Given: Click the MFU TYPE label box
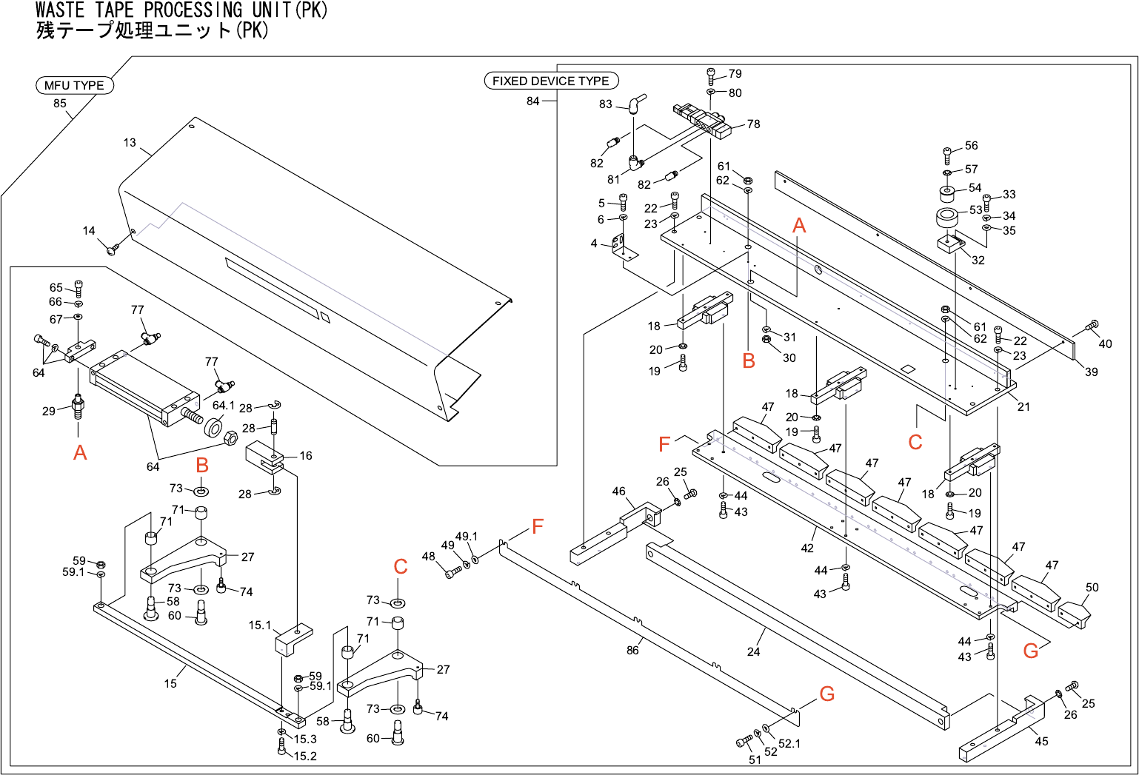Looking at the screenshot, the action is coord(75,85).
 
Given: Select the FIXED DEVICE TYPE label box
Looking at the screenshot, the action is coord(551,81).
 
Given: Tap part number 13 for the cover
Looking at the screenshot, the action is coord(130,143).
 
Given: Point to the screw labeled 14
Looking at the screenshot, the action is coord(113,249).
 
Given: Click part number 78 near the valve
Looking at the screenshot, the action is coord(754,124).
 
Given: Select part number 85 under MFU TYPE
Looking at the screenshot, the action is coord(60,103).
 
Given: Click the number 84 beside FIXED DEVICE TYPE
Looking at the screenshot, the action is coord(533,101).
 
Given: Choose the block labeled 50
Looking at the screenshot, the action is coord(1075,615).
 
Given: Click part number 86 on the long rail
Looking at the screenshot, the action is coord(632,650).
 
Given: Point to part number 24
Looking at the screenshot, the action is coord(754,651).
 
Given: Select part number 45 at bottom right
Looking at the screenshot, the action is coord(1041,742).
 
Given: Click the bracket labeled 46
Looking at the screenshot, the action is coord(615,534).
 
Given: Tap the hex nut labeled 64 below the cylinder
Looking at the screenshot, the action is coord(230,437).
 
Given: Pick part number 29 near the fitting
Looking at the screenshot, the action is coord(49,411).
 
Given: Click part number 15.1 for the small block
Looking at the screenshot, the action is coord(260,625).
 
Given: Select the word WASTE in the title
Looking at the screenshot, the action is coord(59,10).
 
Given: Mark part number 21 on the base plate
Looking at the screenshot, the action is coord(1023,406).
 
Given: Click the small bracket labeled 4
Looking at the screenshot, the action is coord(626,247).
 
